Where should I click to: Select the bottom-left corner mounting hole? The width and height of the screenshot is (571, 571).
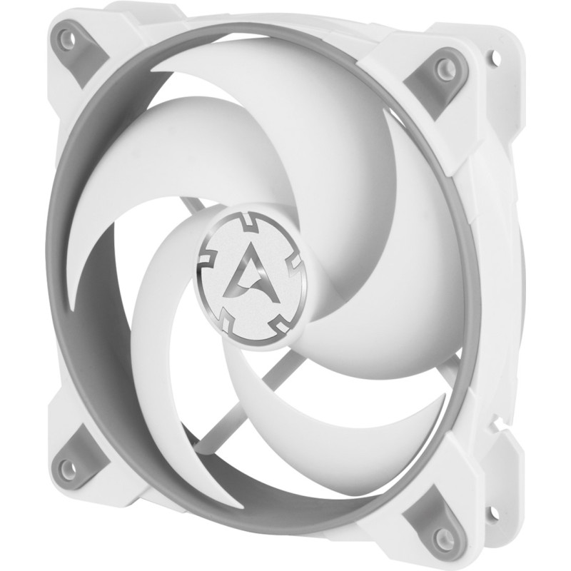66,468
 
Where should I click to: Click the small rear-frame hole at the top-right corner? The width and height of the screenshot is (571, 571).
492,53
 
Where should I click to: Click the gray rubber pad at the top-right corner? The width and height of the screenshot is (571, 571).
435,79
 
